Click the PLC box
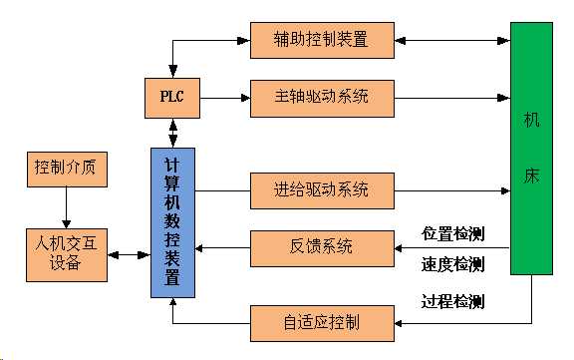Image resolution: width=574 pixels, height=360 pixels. coord(172,97)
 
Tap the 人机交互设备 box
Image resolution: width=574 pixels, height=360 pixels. coord(66,254)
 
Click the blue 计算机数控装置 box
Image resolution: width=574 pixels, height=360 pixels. coord(172,220)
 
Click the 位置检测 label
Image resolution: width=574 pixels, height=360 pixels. coord(453,235)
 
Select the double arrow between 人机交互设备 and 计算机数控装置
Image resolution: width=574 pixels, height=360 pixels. coord(128,255)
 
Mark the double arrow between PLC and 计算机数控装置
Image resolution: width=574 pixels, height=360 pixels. coord(172,130)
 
